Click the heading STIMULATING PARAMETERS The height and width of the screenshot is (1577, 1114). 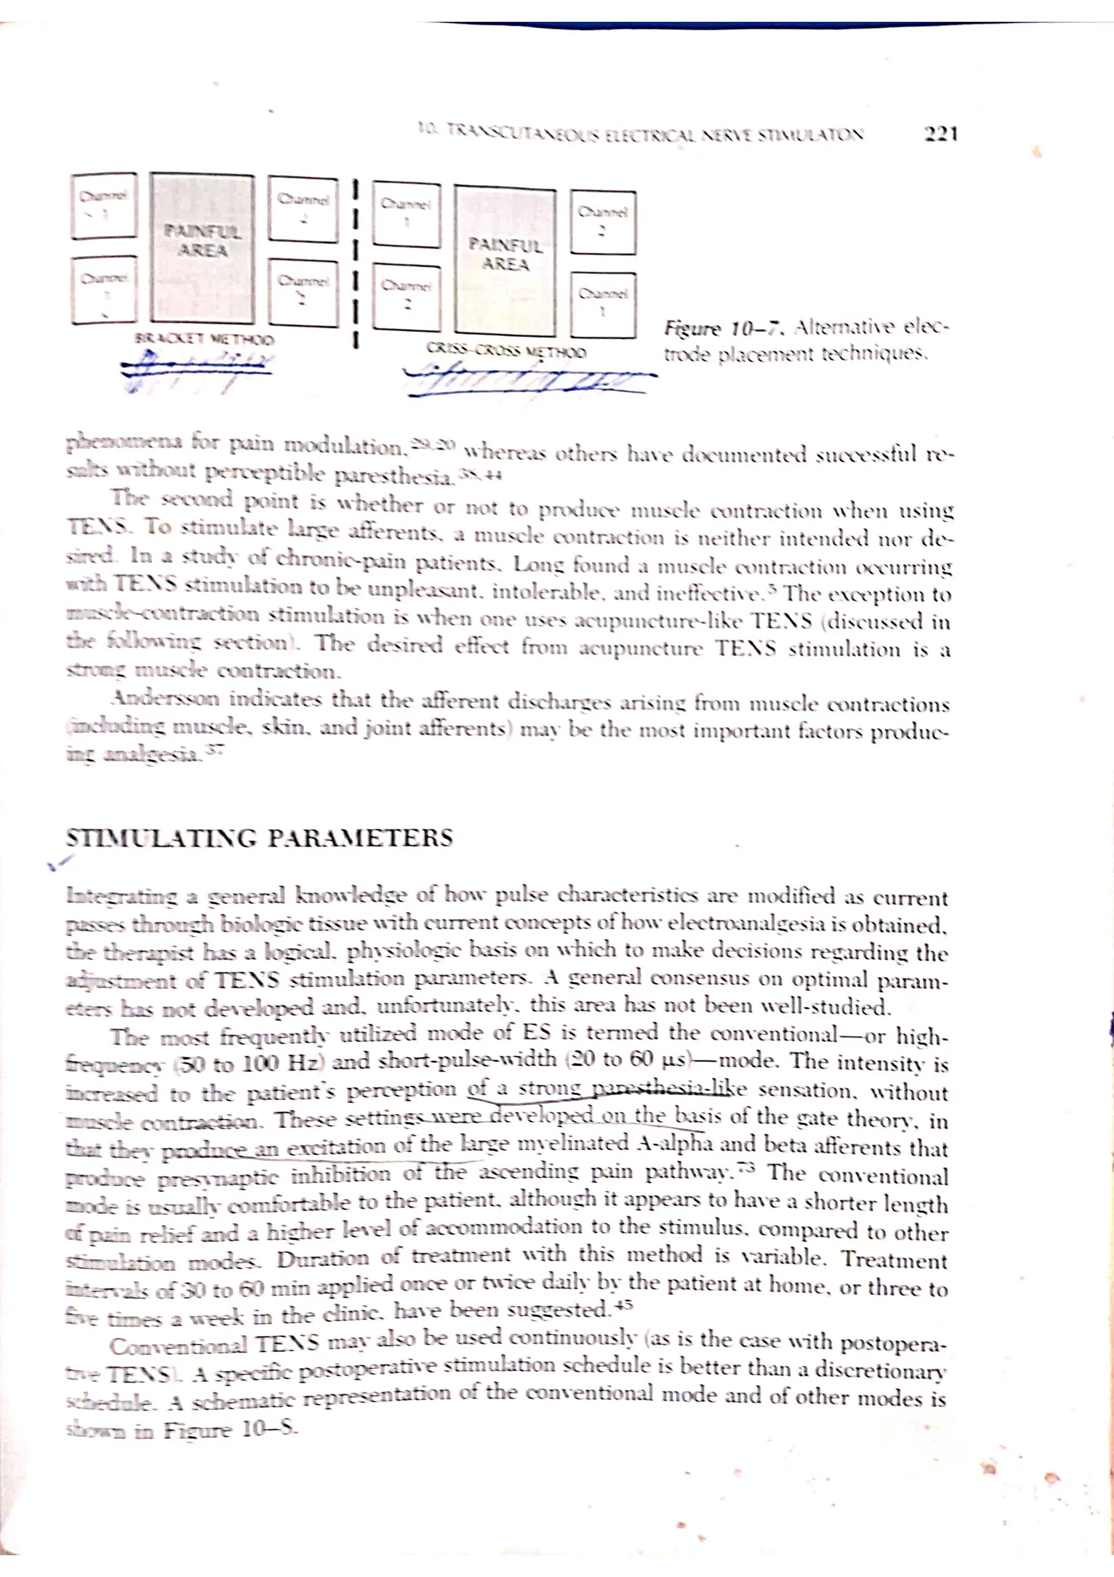(x=259, y=838)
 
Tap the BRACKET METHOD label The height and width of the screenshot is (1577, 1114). (x=204, y=340)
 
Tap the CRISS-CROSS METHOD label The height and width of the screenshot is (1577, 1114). (x=506, y=352)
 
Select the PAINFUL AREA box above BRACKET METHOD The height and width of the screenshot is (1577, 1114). (x=202, y=248)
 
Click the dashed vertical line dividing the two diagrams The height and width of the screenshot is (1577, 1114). (x=356, y=261)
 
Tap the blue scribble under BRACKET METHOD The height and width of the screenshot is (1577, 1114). (x=196, y=367)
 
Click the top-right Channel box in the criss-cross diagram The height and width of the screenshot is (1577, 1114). (x=603, y=222)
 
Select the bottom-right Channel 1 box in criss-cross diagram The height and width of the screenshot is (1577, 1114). (x=603, y=304)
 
